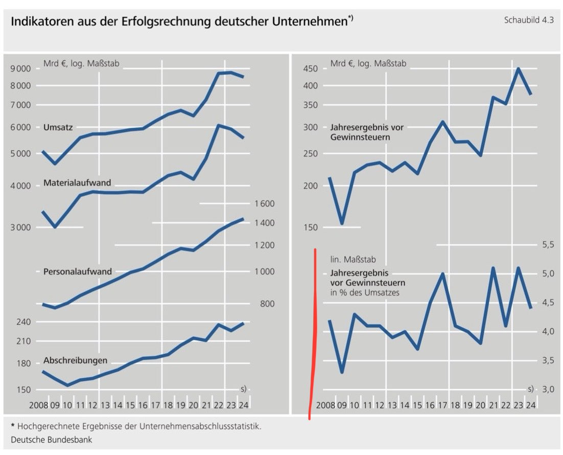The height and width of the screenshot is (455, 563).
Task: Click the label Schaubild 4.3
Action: pos(528,20)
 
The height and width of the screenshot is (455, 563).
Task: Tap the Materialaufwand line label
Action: pos(77,183)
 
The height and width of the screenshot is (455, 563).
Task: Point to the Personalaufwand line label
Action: pos(78,271)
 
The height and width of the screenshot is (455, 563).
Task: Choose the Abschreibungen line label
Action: pos(76,360)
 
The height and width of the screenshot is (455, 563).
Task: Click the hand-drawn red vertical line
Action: pos(314,332)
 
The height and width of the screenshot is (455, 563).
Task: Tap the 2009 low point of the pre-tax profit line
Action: pos(342,223)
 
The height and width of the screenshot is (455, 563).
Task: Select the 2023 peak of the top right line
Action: pos(518,69)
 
